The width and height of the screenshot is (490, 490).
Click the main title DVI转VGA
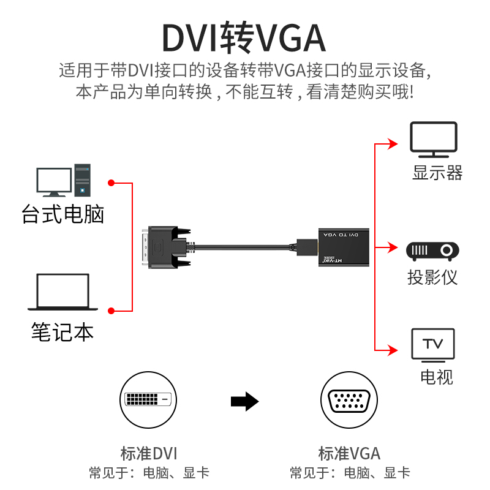244,38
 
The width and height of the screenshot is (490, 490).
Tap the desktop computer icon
63,180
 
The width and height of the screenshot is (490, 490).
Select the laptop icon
63,293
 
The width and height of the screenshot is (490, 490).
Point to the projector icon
432,250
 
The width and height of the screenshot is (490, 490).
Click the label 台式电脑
63,214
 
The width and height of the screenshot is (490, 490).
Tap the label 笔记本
63,332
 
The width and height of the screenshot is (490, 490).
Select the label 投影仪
432,277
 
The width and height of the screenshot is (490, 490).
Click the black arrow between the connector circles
244,402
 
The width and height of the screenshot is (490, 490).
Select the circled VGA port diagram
349,401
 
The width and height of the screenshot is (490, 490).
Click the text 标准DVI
149,454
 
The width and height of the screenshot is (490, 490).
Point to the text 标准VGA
349,454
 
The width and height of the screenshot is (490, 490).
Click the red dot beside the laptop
111,311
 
